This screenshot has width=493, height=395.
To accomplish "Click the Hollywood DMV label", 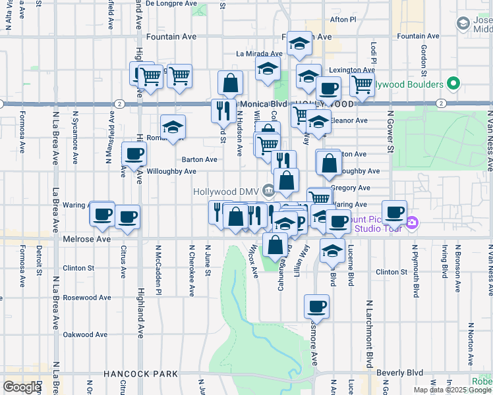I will (227, 192).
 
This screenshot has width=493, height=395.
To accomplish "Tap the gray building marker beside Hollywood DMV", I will (268, 192).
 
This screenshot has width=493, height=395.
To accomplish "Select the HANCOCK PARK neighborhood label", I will (140, 374).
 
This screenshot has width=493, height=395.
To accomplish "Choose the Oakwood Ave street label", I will (85, 334).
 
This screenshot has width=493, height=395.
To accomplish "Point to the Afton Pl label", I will (343, 20).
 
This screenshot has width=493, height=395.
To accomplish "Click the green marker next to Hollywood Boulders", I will (453, 84).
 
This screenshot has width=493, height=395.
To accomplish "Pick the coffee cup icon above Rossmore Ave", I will (316, 306).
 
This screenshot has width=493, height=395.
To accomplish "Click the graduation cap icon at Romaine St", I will (173, 126).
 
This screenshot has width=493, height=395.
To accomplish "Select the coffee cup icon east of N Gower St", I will (395, 212).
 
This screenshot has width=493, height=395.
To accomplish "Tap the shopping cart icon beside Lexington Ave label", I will (362, 84).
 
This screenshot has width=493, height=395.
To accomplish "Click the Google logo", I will (22, 387).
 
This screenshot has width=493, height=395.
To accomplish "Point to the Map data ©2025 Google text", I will (451, 390).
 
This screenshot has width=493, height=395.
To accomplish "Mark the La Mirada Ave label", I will (260, 54).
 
